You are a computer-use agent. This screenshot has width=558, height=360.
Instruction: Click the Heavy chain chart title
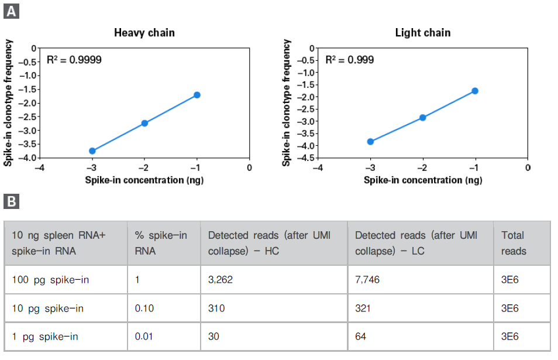[144, 33]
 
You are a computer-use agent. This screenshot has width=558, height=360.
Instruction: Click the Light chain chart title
[422, 33]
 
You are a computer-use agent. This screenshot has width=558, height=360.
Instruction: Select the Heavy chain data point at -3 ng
[92, 150]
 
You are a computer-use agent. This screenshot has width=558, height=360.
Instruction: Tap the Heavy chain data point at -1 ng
[197, 95]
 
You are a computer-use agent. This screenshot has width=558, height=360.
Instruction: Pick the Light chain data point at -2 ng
[422, 118]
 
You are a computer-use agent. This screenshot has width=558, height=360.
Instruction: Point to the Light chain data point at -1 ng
[475, 91]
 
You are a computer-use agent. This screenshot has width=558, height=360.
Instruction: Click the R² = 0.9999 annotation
[74, 60]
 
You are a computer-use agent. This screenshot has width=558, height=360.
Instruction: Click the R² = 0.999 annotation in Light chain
[350, 60]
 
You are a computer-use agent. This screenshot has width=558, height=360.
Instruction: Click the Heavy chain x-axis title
[144, 180]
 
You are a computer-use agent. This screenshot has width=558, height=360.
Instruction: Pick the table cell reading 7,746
[367, 280]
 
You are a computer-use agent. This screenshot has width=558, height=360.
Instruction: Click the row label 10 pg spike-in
[48, 308]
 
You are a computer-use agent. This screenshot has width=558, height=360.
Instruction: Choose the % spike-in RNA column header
[161, 243]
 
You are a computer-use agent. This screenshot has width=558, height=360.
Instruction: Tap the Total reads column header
[514, 243]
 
